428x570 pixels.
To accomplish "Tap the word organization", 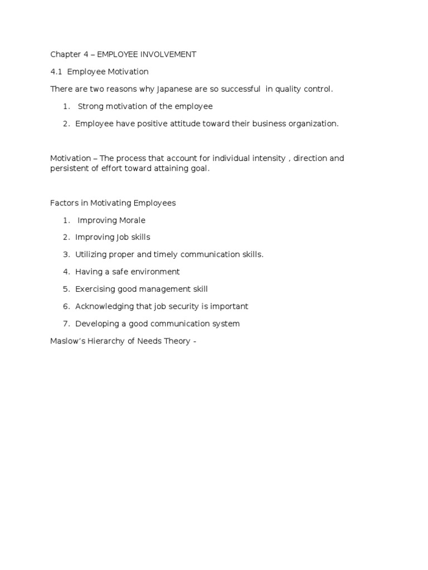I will (x=312, y=124).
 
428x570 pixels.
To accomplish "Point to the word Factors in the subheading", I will (x=63, y=203).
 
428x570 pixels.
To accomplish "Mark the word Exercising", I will (x=95, y=289).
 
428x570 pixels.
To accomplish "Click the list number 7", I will (x=66, y=323).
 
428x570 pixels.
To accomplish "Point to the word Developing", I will (x=96, y=323).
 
